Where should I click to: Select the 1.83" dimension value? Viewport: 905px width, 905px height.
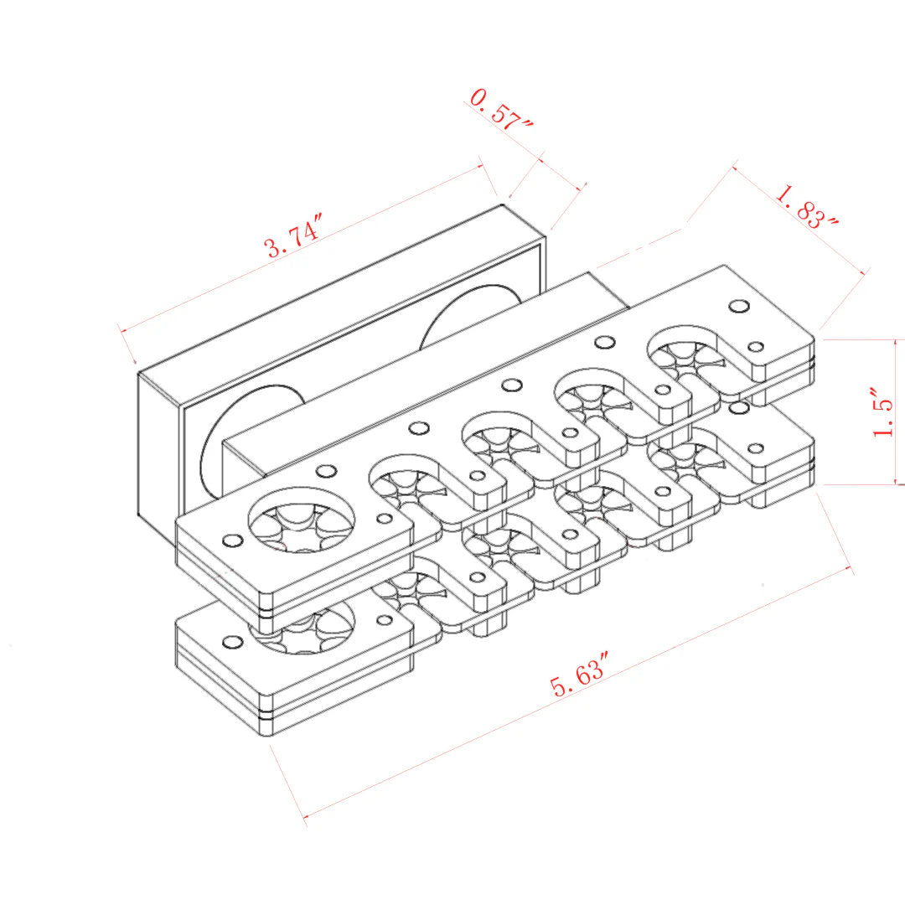tap(807, 207)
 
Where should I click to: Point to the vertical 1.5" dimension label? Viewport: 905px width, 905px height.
tap(885, 413)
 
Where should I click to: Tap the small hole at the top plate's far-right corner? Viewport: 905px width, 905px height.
tap(738, 307)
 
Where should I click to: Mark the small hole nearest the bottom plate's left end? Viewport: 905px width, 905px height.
tap(231, 642)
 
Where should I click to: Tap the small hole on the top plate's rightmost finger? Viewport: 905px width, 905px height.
tap(755, 347)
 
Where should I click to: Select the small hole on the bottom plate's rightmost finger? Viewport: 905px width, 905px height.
tap(755, 448)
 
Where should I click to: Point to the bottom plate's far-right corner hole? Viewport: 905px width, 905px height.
tap(738, 408)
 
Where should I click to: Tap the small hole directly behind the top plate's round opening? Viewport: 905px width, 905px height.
tap(326, 471)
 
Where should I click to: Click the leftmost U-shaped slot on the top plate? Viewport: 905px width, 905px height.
tap(411, 478)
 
